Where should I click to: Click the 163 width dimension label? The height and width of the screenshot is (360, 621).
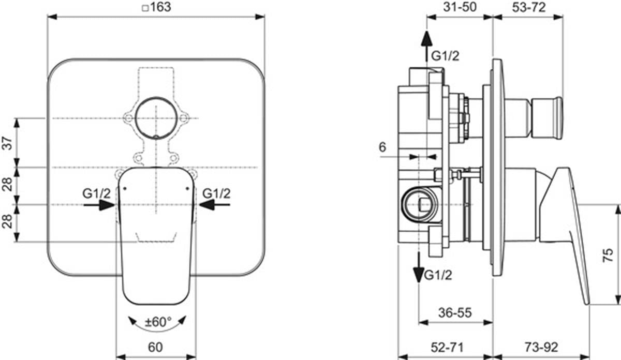157,7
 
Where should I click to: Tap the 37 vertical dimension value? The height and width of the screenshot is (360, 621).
8,143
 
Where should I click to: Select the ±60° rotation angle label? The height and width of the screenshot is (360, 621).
158,322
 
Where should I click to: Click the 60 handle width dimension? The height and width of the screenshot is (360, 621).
155,347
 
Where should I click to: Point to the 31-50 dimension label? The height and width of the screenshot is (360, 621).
460,7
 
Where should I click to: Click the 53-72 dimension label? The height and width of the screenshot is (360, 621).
529,7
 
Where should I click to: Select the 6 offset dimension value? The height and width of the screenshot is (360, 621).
382,147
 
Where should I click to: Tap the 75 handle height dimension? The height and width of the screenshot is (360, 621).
608,255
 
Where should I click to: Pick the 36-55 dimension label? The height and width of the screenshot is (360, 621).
455,312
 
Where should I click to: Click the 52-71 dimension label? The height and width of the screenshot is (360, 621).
447,347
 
